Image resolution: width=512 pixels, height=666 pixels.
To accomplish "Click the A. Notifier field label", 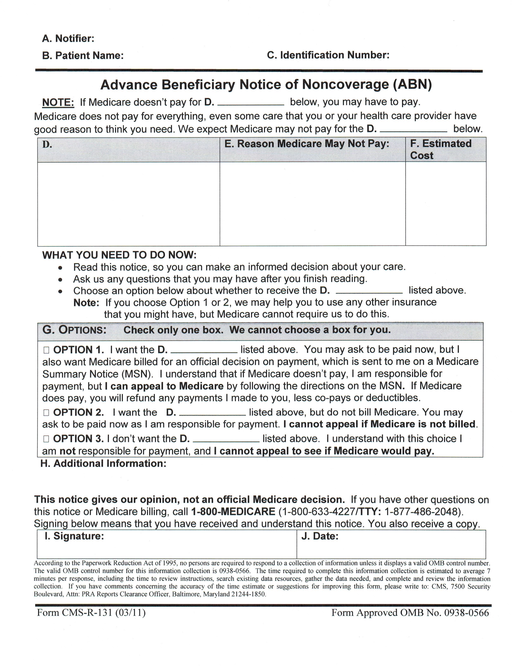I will click(68, 38).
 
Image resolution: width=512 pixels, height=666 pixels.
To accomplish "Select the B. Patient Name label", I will click(83, 56).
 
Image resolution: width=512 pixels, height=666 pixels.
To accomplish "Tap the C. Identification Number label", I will click(328, 55).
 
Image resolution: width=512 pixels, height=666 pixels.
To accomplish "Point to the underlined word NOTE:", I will click(58, 102).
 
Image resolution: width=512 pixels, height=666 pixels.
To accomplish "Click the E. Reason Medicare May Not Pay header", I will click(306, 144).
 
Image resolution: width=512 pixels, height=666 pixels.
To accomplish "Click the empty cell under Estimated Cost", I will click(445, 204).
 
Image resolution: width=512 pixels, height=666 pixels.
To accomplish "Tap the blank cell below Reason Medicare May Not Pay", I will click(312, 204).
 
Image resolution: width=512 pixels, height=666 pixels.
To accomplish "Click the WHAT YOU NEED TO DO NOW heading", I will click(119, 255).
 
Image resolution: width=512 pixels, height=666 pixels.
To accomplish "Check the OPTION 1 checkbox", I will click(46, 350).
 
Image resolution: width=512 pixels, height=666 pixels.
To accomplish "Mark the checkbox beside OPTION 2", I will click(46, 413).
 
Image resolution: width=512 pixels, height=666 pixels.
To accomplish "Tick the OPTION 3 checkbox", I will click(46, 439).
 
